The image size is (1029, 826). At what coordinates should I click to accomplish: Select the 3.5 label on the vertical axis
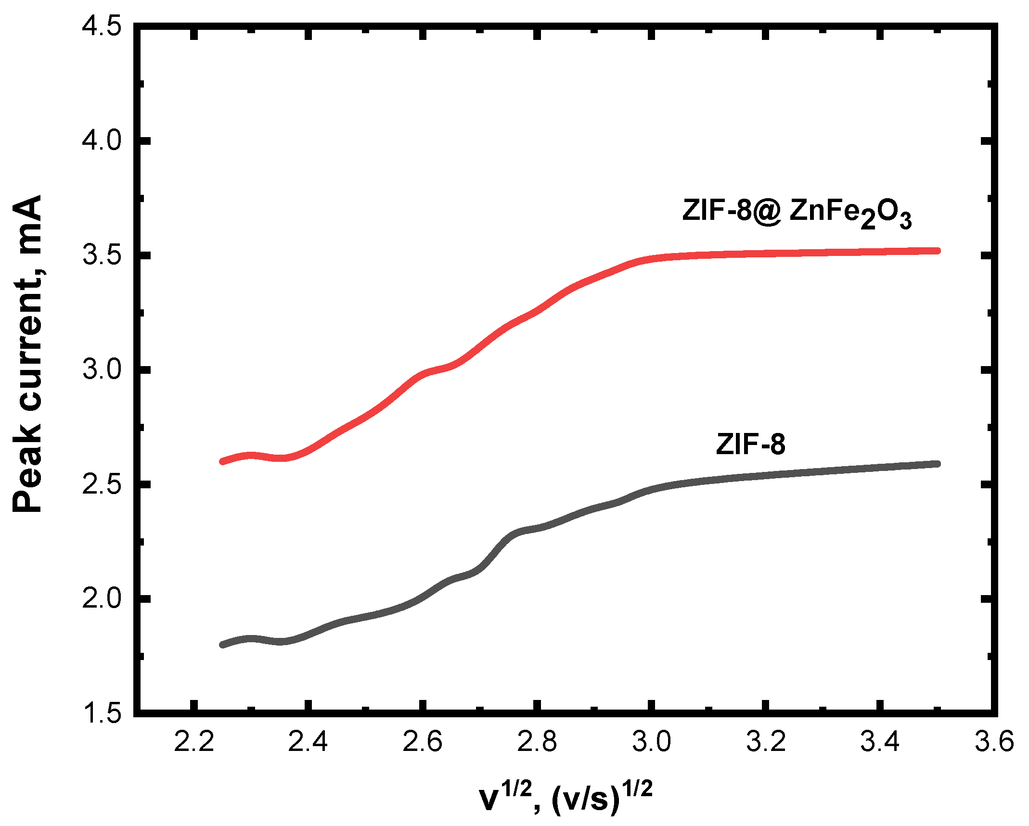[x=102, y=255]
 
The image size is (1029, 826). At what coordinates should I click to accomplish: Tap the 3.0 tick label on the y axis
[x=102, y=369]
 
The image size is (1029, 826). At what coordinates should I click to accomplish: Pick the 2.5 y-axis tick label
[x=102, y=484]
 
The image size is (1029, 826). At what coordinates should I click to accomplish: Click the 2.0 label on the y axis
[x=102, y=598]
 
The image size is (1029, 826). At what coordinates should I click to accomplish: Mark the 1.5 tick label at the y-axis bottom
[x=102, y=712]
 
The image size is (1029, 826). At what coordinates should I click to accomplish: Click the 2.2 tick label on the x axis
[x=193, y=741]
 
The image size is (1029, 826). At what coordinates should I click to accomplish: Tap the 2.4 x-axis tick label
[x=308, y=741]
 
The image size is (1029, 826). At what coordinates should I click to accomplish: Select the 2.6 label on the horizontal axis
[x=422, y=741]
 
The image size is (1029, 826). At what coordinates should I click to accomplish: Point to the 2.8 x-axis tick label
[x=537, y=741]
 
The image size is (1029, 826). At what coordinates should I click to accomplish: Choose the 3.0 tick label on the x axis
[x=651, y=741]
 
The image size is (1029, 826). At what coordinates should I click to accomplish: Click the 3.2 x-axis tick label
[x=765, y=741]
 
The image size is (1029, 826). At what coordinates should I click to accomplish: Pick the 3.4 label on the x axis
[x=880, y=741]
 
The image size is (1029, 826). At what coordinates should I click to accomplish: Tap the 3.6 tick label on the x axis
[x=994, y=741]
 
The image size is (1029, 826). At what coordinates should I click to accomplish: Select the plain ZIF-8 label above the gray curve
[x=750, y=444]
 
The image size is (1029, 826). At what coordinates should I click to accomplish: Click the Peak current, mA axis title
[x=27, y=354]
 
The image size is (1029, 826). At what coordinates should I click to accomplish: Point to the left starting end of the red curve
[x=222, y=461]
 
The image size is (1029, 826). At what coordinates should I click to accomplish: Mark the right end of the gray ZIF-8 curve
[x=937, y=464]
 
